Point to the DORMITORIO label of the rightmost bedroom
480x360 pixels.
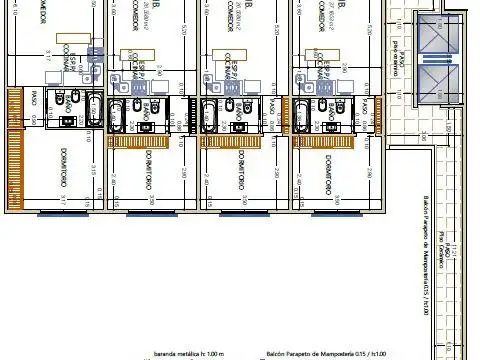pos(329,174)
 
